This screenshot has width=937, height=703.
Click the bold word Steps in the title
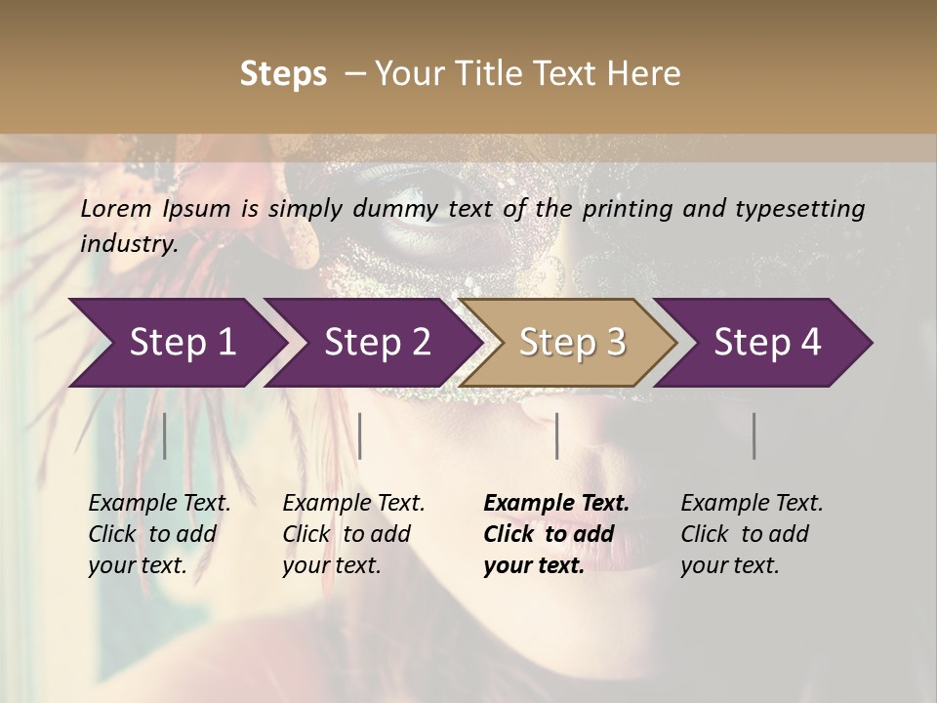[283, 74]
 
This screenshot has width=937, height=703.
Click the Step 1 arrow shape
[176, 343]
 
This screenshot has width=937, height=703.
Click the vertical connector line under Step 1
[165, 435]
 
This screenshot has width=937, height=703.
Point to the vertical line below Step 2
[360, 435]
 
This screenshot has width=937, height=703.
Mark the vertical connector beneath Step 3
[556, 435]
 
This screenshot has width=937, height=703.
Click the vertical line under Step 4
[754, 435]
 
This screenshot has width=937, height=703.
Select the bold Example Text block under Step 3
[556, 534]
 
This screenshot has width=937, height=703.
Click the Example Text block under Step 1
[159, 534]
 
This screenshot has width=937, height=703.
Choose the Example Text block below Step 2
[353, 534]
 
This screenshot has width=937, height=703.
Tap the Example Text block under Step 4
[752, 534]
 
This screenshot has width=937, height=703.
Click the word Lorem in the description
[116, 209]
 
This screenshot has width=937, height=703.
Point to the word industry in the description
[129, 244]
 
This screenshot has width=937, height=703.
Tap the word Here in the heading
[645, 74]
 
